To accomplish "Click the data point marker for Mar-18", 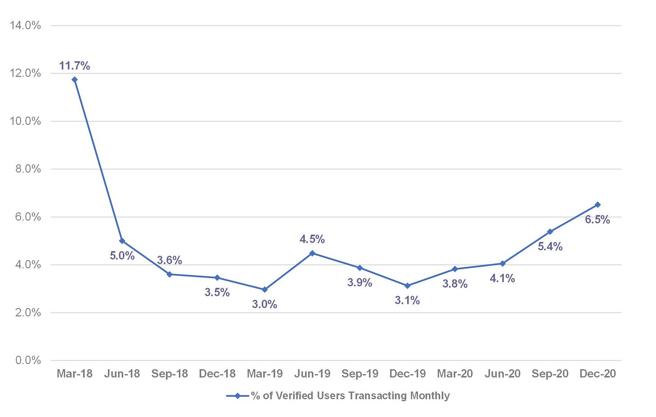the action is point(75,80).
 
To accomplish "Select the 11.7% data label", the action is point(74,66).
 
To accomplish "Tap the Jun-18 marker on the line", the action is point(122,241).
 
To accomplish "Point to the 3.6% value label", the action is point(169,260).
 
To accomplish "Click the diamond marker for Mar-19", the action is point(265,289).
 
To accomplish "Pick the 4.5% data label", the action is point(312,239).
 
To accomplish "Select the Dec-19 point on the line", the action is point(407,286).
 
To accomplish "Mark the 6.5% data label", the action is point(597,220).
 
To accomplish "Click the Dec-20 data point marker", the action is point(598,205).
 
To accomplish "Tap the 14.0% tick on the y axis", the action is point(25,26).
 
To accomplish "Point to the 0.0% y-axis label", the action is point(28,360).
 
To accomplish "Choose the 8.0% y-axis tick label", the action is point(28,169).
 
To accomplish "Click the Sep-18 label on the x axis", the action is point(169,374).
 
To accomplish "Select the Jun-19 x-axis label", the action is point(312,374).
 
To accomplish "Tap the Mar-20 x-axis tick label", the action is point(455,374).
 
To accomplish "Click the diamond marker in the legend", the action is point(238,396).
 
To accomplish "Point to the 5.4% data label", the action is point(550,247).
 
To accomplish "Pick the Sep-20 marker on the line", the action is point(550,232).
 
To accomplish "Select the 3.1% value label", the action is point(407,300).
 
